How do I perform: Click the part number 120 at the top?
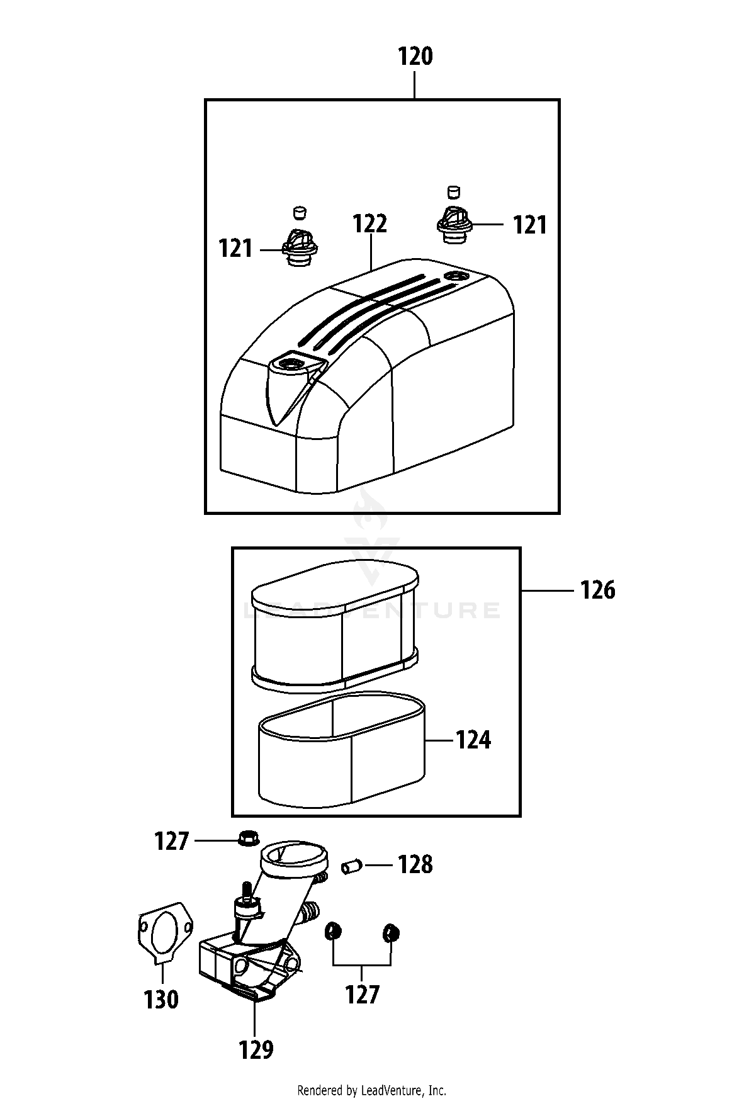(x=415, y=57)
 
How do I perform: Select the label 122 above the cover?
(x=370, y=223)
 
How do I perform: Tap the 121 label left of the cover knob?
(x=235, y=249)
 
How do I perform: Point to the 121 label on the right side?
(x=530, y=225)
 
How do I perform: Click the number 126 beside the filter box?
(x=597, y=590)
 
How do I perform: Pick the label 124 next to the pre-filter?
(x=473, y=740)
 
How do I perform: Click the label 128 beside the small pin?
(x=415, y=865)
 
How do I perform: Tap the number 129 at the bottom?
(x=256, y=1049)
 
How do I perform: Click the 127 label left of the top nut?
(x=172, y=841)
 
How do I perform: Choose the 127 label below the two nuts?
(x=363, y=995)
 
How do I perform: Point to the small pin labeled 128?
(x=349, y=867)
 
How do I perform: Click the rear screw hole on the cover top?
(x=454, y=276)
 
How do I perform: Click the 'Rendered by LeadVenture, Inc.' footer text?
(x=371, y=1090)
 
